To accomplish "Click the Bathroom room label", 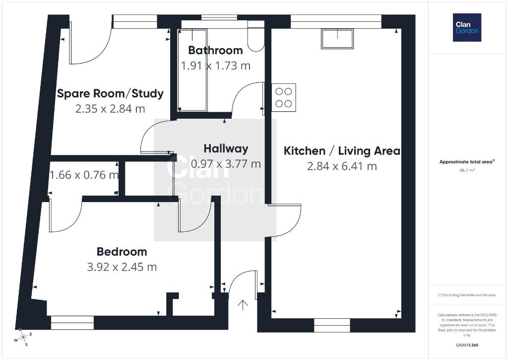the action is [215, 50].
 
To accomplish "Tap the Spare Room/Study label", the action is [110, 93].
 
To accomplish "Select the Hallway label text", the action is [226, 148].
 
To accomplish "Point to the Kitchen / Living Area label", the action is [342, 151].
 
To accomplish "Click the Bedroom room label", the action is [122, 252].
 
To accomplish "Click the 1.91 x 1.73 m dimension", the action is [216, 66].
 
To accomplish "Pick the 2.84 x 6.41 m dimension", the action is [342, 166].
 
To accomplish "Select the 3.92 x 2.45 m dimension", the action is [122, 267].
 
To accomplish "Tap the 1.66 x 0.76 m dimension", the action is [84, 175].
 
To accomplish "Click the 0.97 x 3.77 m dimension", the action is [226, 164].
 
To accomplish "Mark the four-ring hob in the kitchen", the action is [283, 98].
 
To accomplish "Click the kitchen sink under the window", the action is [337, 39].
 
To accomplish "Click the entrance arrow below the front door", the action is [243, 305].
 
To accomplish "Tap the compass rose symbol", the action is [23, 338].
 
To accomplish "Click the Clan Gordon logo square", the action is [467, 28].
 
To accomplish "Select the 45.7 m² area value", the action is [467, 170].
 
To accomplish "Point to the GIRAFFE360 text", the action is [467, 345].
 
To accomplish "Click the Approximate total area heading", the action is [466, 161].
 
